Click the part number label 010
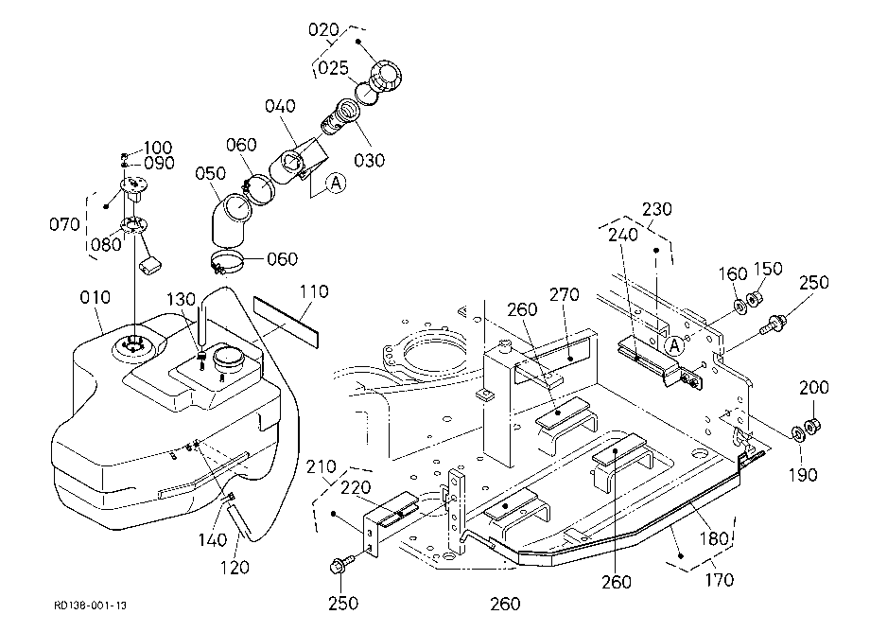[x=95, y=297]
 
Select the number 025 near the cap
[x=334, y=68]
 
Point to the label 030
[x=370, y=160]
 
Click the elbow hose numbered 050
[x=230, y=219]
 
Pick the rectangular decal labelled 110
[x=287, y=322]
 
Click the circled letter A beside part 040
[x=336, y=183]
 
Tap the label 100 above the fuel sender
[x=158, y=148]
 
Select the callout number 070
[x=65, y=225]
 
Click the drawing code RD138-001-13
[x=91, y=605]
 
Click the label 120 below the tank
[x=235, y=568]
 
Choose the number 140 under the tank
[x=213, y=540]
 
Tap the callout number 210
[x=322, y=467]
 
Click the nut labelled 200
[x=813, y=428]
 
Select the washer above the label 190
[x=797, y=432]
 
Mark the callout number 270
[x=565, y=294]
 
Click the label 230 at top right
[x=657, y=209]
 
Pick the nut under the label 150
[x=754, y=299]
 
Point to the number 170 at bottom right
[x=720, y=580]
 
